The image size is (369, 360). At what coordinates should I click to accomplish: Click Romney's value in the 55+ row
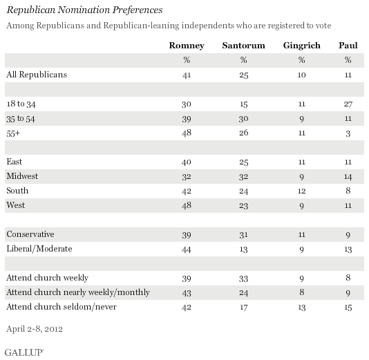[185, 132]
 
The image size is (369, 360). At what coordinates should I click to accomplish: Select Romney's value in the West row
[185, 205]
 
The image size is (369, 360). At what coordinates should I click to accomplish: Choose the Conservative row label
[30, 234]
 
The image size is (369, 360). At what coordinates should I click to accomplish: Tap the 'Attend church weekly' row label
[46, 277]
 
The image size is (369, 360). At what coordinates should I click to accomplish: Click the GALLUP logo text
[22, 351]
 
